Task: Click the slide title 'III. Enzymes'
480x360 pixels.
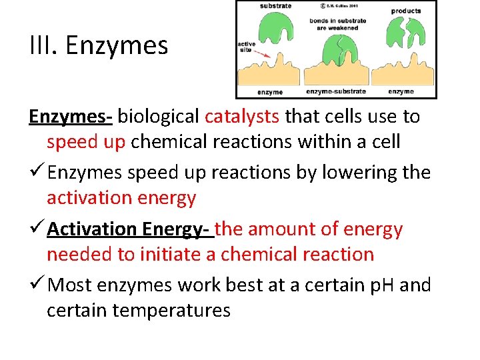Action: tap(99, 46)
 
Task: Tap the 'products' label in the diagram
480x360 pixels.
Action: tap(405, 11)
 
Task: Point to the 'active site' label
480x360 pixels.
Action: tap(246, 48)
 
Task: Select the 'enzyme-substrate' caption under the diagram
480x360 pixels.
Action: tap(335, 91)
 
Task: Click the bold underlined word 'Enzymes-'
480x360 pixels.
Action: tap(71, 117)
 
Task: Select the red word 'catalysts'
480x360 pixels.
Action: tap(242, 117)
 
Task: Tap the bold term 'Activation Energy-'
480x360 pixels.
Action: tap(129, 229)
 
